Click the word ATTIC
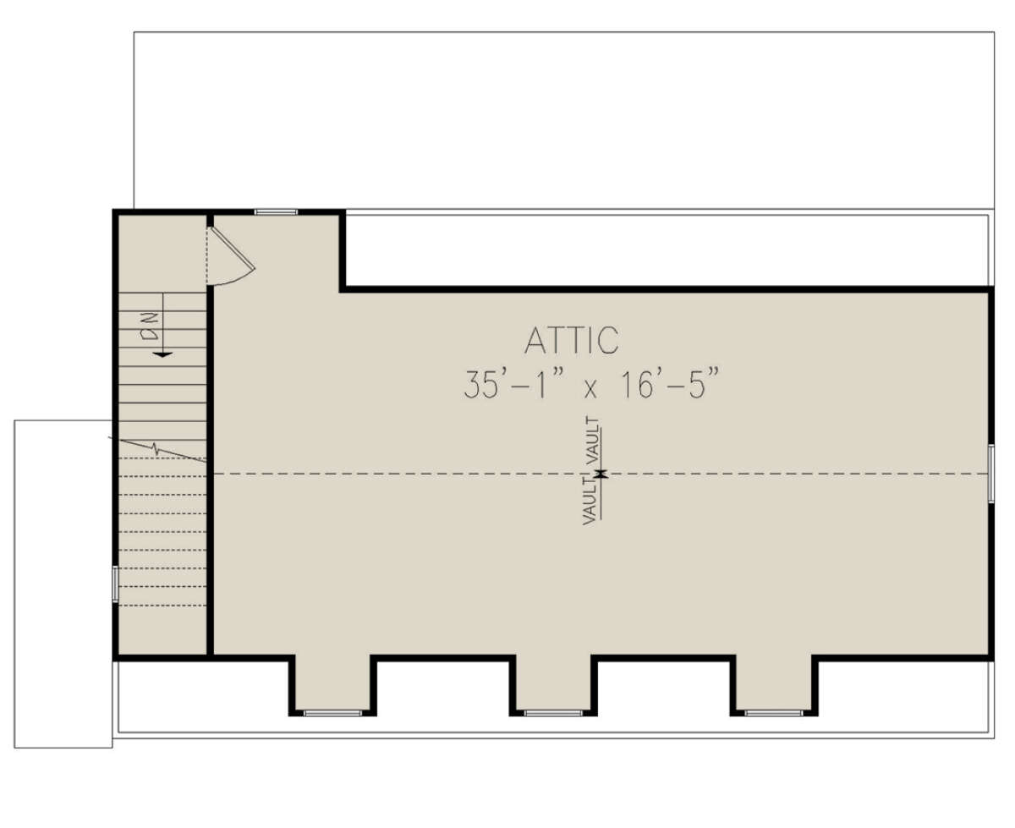571,340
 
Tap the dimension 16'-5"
671,383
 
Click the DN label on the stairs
151,326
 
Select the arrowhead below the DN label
163,354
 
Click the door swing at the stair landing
231,256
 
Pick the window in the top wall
276,212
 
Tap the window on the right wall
990,474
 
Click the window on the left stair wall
116,584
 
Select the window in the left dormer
332,713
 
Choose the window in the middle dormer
553,713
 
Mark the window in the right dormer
773,713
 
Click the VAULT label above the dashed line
593,441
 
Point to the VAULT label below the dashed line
590,502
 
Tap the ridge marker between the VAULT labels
601,474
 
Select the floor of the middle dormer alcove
553,683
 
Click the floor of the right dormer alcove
773,683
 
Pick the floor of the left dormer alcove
332,683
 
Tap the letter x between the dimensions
590,390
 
